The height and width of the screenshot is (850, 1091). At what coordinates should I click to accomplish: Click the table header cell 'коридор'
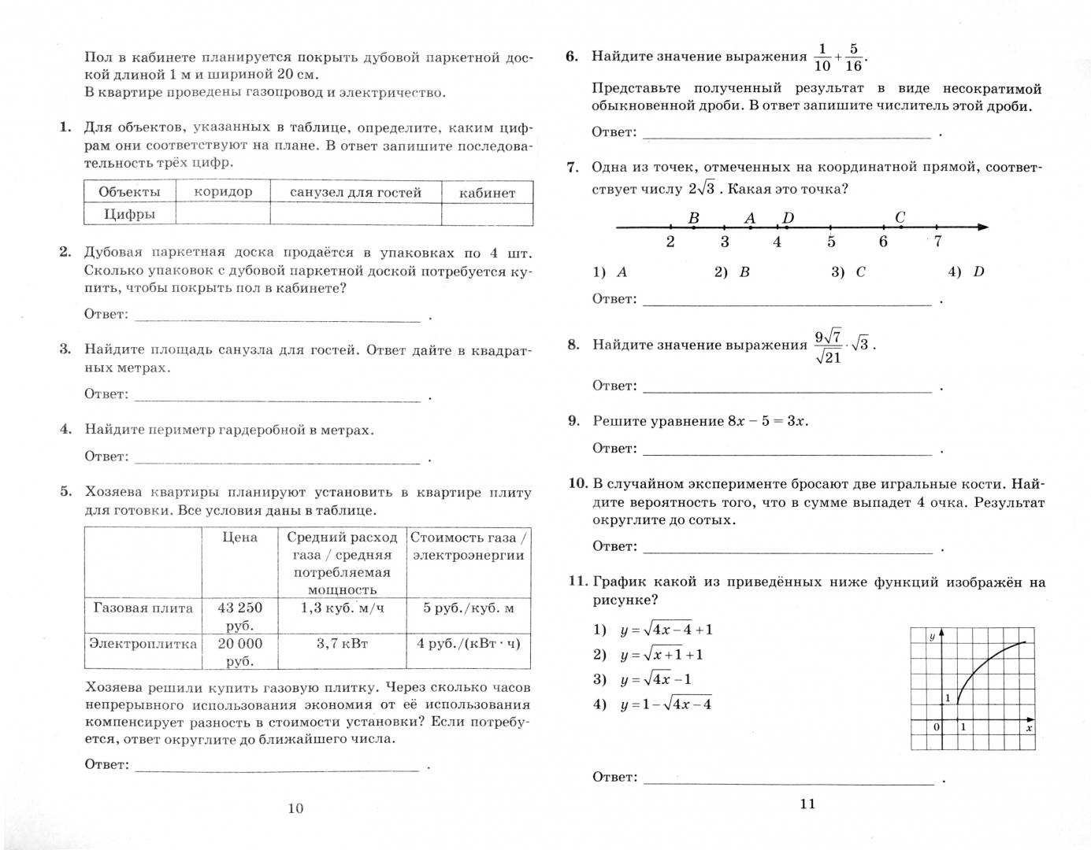coord(223,192)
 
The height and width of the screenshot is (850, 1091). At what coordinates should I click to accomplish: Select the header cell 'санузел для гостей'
coord(355,192)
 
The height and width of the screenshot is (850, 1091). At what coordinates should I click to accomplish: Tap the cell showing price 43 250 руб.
coord(240,616)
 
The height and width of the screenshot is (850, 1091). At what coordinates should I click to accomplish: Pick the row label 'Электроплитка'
coord(143,644)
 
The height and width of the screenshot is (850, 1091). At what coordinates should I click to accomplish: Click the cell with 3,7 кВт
coord(342,644)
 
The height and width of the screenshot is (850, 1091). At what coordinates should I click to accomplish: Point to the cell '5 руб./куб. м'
coord(468,608)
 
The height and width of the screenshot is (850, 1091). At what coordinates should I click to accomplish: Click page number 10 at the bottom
coord(295,808)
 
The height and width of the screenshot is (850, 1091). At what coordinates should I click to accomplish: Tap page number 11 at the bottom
coord(807,804)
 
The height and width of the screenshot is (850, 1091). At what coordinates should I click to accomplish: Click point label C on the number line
coord(900,217)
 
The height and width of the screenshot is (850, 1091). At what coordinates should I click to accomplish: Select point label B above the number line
coord(693,218)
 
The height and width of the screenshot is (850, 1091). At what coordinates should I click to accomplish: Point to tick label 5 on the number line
coord(831,242)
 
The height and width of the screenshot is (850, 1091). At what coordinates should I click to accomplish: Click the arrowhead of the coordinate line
coord(982,227)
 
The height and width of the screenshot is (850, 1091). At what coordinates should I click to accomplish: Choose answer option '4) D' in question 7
coord(967,272)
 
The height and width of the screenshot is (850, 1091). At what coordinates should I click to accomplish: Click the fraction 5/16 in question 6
coord(853,57)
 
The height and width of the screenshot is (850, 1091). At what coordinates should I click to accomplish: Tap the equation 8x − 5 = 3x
coord(768,421)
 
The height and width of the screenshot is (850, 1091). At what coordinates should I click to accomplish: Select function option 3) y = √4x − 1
coord(655,680)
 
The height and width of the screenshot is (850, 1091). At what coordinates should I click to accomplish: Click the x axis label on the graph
coord(1028,728)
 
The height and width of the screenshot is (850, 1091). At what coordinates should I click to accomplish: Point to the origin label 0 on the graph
coord(936,727)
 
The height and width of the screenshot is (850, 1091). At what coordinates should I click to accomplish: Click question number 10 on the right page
coord(577,483)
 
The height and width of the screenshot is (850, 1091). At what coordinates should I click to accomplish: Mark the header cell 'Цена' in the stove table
coord(240,538)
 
